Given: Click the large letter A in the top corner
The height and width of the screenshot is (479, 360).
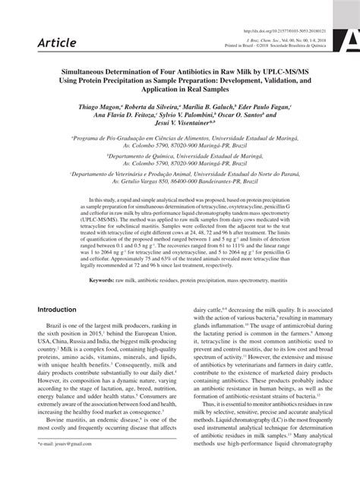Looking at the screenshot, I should click(351, 39).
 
